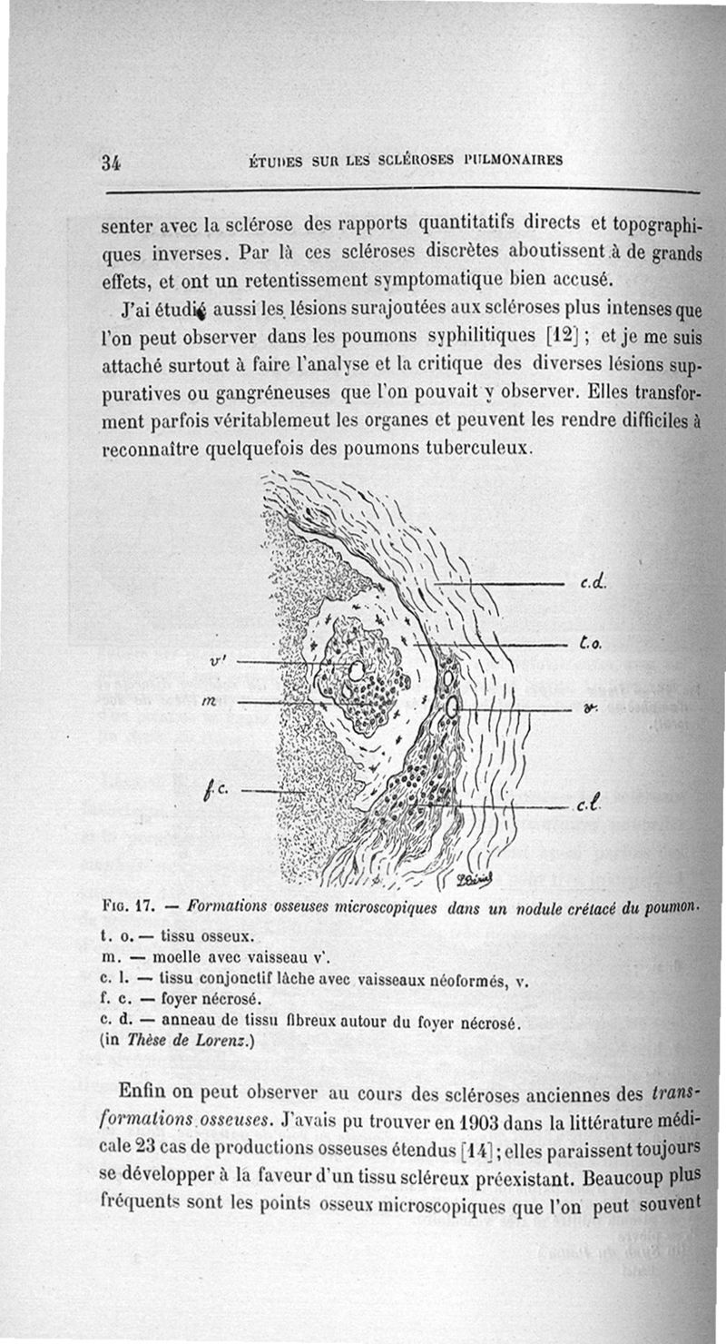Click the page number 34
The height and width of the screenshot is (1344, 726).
112,163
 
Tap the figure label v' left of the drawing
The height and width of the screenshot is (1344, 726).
217,661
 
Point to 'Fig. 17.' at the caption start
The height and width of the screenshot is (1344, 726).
132,905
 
